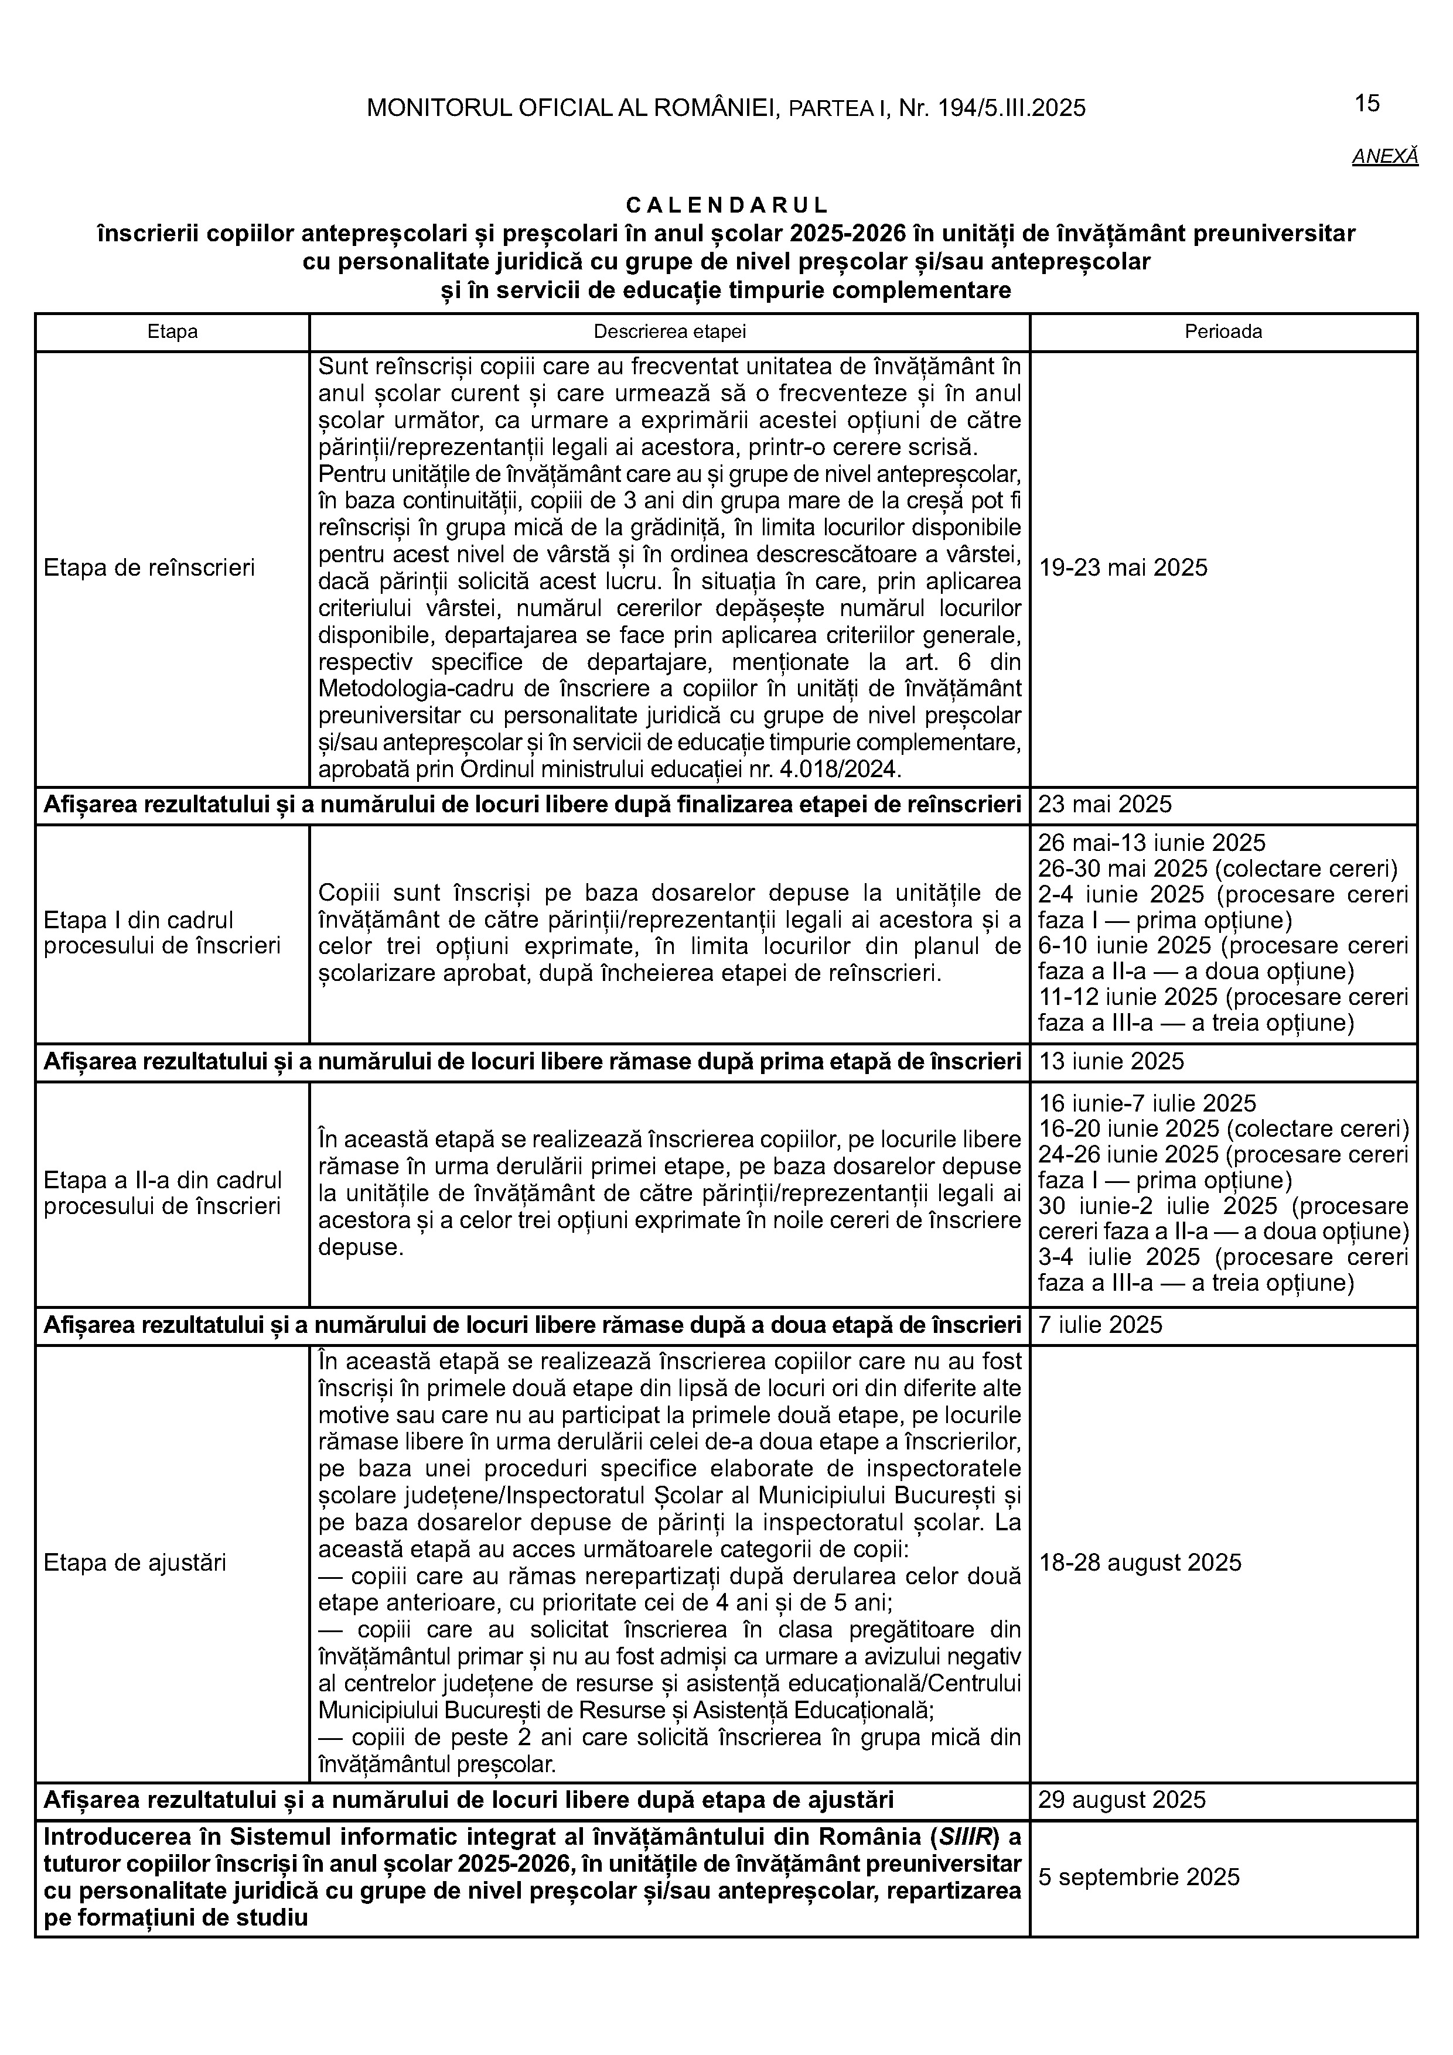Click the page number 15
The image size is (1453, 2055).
coord(1367,104)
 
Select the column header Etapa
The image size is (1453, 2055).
coord(173,332)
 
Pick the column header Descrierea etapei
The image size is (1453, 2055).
coord(670,332)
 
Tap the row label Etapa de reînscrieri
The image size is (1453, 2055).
coord(149,567)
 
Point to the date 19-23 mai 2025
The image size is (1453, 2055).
coord(1123,567)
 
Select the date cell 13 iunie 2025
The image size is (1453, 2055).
coord(1111,1062)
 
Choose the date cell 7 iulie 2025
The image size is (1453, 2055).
coord(1100,1325)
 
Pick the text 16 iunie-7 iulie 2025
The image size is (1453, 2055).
coord(1147,1103)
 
